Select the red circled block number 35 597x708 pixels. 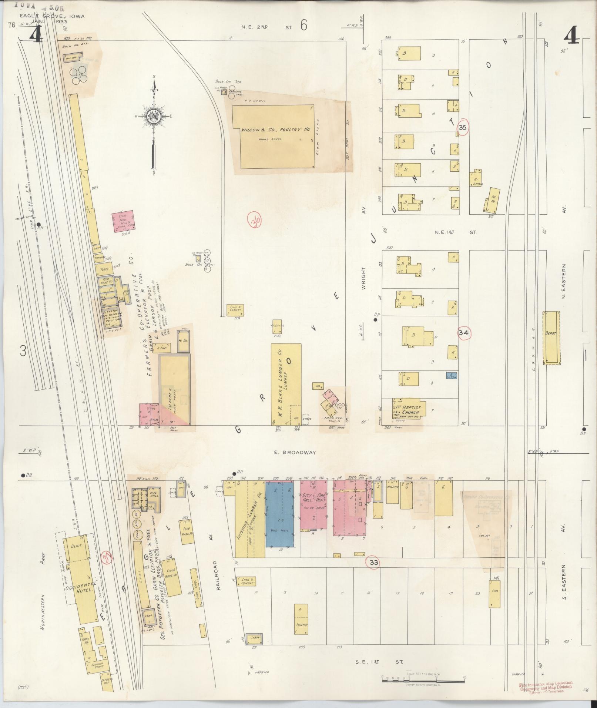pos(463,127)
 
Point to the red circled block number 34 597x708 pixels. pos(463,333)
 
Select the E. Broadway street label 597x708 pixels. pos(296,452)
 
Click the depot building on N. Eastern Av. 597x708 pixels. pos(551,338)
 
